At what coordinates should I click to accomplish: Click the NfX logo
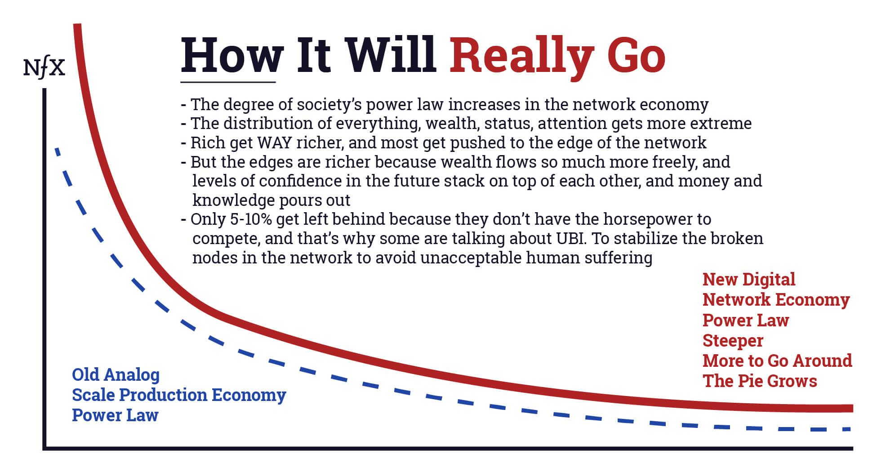[x=44, y=69]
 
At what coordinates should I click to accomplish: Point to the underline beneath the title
[x=228, y=82]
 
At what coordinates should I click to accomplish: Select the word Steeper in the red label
[x=733, y=340]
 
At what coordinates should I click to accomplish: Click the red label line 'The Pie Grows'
[x=760, y=381]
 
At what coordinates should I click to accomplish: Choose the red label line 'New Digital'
[x=749, y=279]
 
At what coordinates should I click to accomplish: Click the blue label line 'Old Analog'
[x=116, y=374]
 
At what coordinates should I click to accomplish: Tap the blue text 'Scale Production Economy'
[x=179, y=395]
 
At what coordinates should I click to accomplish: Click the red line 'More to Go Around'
[x=777, y=361]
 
